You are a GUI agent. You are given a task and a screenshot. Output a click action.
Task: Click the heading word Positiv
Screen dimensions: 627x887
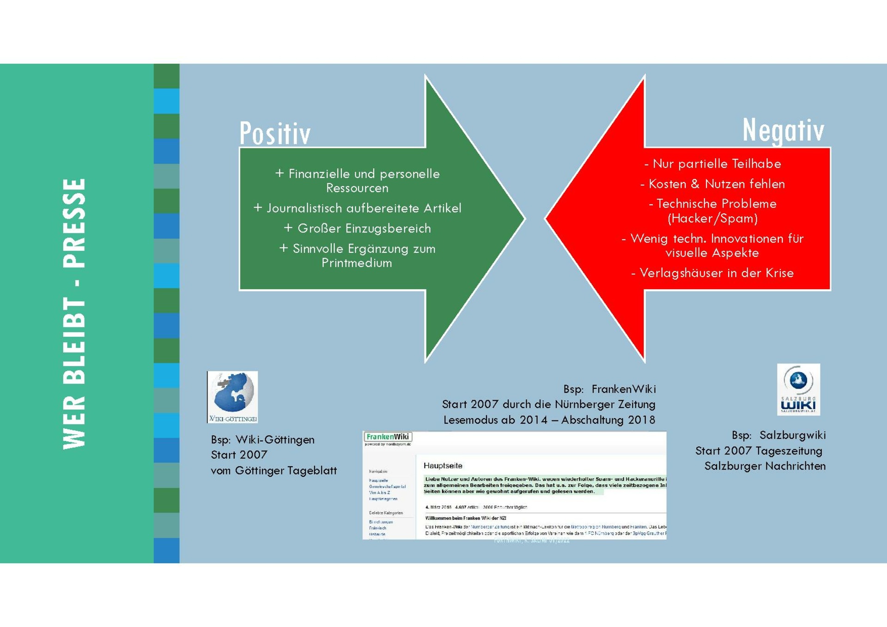[x=275, y=134]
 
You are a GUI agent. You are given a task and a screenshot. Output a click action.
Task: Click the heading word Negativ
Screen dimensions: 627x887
[x=783, y=130]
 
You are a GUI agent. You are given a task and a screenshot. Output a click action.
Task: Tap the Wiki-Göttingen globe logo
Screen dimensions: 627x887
[x=232, y=396]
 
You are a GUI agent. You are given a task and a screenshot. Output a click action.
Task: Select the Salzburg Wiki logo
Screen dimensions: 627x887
[x=798, y=389]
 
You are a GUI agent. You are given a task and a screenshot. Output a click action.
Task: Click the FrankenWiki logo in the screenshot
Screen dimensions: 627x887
[x=388, y=437]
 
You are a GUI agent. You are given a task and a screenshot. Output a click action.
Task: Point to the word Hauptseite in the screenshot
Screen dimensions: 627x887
[x=443, y=466]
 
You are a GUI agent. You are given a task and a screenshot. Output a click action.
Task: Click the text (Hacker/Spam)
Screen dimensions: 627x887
[x=713, y=219]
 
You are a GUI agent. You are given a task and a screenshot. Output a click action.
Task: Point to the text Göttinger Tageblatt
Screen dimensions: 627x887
[x=286, y=471]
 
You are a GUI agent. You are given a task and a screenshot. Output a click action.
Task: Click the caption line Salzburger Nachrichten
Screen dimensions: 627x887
[x=765, y=466]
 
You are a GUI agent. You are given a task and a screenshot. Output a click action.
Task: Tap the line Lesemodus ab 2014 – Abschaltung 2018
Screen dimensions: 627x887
[x=549, y=420]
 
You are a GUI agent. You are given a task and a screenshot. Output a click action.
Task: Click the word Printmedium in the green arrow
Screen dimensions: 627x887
[x=357, y=263]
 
